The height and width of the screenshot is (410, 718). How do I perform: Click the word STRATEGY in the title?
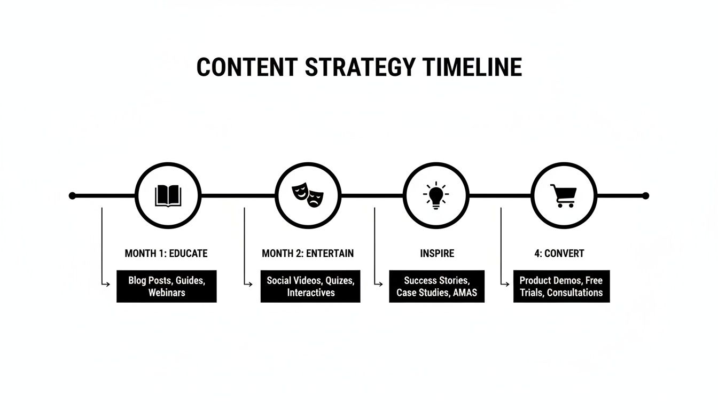(x=359, y=67)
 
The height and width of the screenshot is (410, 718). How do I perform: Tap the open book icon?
(x=168, y=196)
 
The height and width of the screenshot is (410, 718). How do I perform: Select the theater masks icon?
(x=308, y=195)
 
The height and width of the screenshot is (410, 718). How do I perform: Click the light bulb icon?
(x=435, y=195)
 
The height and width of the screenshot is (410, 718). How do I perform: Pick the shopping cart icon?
(x=564, y=195)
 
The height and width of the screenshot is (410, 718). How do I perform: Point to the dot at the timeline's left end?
(x=73, y=196)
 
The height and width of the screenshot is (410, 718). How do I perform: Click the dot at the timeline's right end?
(x=645, y=196)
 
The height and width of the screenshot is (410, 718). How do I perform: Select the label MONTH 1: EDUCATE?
(x=166, y=253)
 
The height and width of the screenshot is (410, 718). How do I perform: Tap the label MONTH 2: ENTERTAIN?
(x=308, y=253)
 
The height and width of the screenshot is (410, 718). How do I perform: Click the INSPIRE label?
(x=437, y=253)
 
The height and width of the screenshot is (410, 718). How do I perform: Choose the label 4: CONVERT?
(x=559, y=253)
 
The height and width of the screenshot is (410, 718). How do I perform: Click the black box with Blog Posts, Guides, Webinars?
(x=167, y=286)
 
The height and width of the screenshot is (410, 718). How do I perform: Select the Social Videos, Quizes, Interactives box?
(x=310, y=286)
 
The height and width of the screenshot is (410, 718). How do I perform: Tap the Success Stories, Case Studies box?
(x=436, y=286)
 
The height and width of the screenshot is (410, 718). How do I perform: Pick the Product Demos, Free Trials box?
(x=561, y=286)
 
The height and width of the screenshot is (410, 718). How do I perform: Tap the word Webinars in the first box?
(x=167, y=293)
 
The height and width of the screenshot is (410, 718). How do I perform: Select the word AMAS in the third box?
(x=465, y=293)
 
